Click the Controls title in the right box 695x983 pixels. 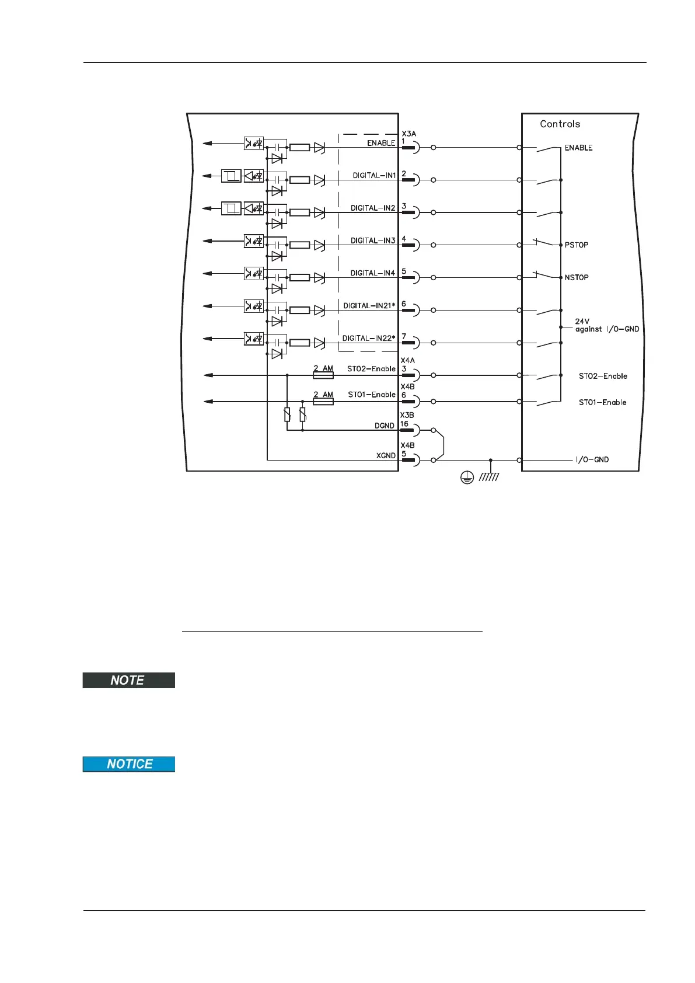[560, 124]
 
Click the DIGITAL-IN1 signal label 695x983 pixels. [374, 175]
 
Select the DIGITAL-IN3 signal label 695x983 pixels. [373, 240]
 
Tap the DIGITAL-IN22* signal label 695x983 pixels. [369, 338]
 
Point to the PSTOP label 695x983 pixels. [577, 245]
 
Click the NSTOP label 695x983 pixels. [577, 278]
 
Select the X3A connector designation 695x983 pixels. [408, 134]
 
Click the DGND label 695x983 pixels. [385, 426]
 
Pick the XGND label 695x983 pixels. [386, 456]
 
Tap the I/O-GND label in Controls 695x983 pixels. [592, 460]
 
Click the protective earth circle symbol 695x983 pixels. [466, 478]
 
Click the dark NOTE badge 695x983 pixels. [128, 681]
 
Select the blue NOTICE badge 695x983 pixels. [128, 765]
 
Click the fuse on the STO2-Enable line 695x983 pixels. [323, 375]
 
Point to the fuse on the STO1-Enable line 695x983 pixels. [323, 402]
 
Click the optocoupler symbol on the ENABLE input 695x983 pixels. [254, 143]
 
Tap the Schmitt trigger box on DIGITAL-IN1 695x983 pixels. [231, 176]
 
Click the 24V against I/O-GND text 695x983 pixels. [607, 326]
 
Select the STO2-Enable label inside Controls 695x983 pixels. [603, 377]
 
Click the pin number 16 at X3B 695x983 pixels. [404, 424]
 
